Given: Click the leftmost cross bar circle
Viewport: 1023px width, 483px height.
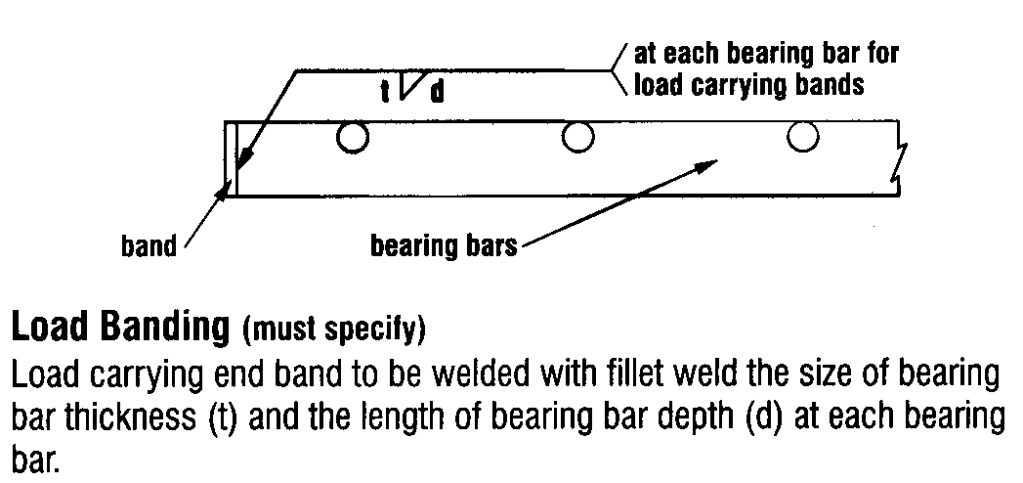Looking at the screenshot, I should point(353,138).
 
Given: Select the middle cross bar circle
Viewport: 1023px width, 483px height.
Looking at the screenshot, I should point(578,138).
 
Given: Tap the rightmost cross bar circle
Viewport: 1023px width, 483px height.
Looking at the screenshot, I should point(803,138).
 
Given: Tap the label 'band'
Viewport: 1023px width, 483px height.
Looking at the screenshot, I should point(149,246).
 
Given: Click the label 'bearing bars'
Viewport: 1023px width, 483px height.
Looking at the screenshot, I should point(443,246).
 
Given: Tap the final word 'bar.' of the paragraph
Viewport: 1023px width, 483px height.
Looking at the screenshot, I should point(34,456).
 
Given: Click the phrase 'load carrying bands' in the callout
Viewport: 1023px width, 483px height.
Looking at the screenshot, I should point(749,85).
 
